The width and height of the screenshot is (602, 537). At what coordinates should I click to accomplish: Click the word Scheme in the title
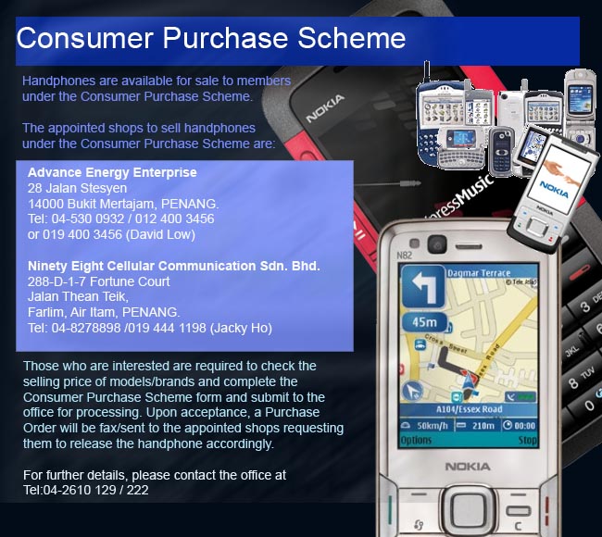click(x=352, y=38)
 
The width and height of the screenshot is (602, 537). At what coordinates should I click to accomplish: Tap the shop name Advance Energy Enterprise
click(x=112, y=173)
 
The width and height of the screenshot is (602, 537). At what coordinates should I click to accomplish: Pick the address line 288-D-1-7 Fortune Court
click(x=99, y=281)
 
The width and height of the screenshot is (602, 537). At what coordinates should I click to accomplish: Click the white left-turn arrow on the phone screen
click(x=423, y=286)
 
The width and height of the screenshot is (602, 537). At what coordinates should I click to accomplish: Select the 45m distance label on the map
click(x=424, y=322)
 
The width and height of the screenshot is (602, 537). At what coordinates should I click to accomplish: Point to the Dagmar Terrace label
click(x=479, y=273)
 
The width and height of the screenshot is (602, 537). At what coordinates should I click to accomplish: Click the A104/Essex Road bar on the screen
click(x=469, y=409)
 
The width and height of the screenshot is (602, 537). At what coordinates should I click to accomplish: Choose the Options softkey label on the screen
click(x=416, y=440)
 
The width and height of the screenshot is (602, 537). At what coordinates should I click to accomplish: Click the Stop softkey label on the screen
click(x=528, y=440)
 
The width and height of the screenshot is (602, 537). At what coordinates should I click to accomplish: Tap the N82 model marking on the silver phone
click(x=404, y=256)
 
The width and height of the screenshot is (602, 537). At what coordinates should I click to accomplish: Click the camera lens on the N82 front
click(x=437, y=244)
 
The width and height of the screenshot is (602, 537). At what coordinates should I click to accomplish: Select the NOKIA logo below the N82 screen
click(x=468, y=467)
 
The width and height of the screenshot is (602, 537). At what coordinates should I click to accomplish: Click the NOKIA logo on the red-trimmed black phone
click(x=325, y=109)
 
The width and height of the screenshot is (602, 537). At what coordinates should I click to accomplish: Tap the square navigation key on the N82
click(x=468, y=509)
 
